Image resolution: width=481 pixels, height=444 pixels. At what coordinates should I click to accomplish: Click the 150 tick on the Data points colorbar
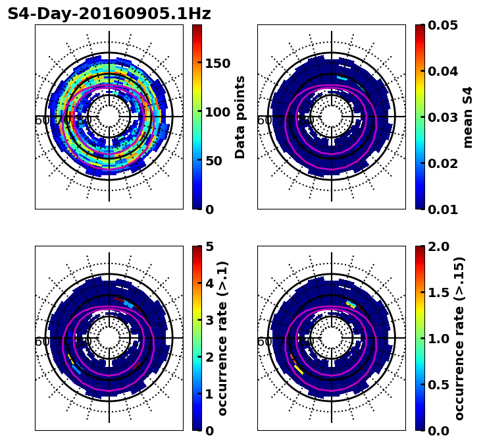[217, 63]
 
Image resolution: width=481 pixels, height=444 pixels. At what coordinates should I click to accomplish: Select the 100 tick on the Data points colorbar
[217, 112]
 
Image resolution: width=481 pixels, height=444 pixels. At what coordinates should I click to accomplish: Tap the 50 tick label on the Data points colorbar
[213, 161]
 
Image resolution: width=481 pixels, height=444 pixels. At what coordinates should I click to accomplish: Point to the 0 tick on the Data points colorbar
[209, 209]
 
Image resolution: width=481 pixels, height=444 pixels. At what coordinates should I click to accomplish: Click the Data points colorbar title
[240, 117]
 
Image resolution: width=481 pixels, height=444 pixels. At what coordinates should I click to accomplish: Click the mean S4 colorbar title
[468, 117]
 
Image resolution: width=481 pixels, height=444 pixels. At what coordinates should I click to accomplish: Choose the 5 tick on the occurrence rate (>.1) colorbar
[209, 246]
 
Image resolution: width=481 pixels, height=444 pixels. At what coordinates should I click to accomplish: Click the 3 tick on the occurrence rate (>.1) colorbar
[209, 320]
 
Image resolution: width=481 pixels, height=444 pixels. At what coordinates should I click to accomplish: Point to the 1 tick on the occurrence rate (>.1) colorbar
[209, 394]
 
